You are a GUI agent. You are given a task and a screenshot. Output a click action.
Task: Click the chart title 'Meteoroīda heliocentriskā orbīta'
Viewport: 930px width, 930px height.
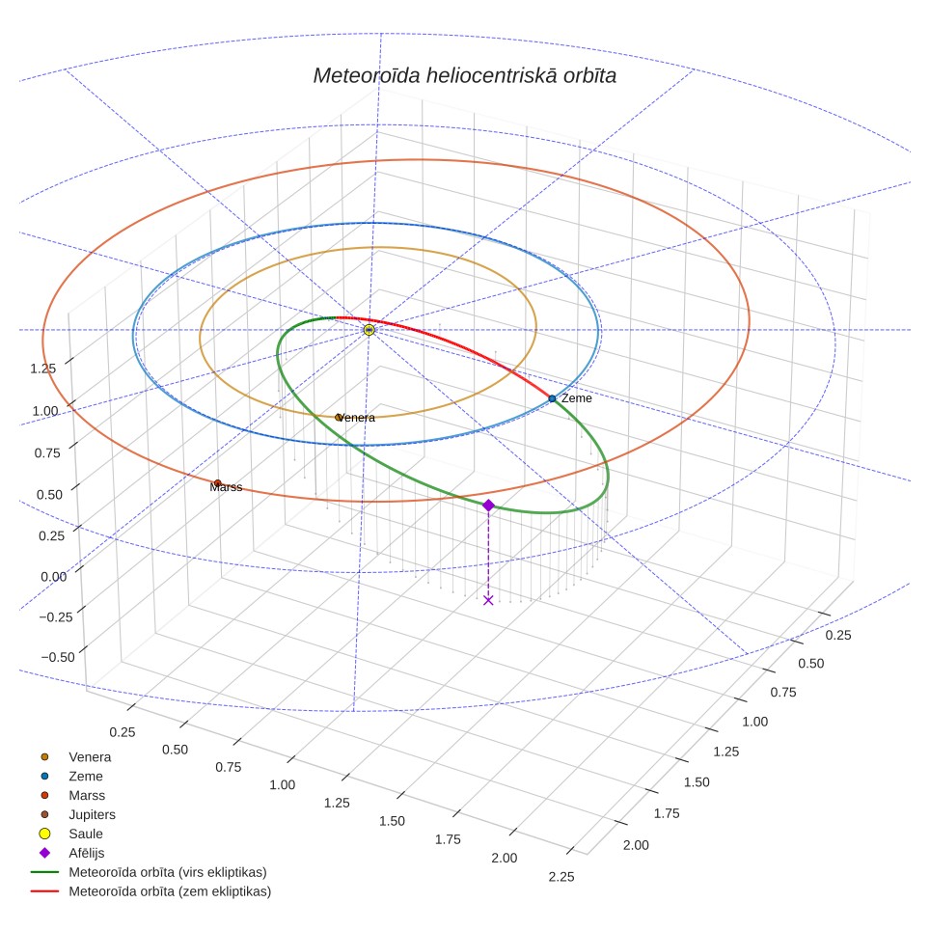click(x=464, y=76)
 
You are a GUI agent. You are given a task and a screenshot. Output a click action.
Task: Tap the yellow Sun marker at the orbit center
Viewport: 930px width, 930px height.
click(x=369, y=330)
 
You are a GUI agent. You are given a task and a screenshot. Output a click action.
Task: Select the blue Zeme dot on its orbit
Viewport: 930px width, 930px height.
click(x=552, y=398)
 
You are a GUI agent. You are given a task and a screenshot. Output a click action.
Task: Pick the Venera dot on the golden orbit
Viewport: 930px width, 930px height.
click(x=338, y=418)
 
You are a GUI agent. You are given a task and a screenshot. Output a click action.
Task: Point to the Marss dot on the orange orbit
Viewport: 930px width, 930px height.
click(x=218, y=483)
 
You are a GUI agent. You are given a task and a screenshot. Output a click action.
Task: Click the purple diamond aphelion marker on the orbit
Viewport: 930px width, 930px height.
click(x=488, y=506)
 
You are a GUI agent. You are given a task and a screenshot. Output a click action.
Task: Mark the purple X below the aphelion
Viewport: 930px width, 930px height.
click(x=488, y=600)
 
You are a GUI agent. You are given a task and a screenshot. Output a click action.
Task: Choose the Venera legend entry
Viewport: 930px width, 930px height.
click(x=76, y=756)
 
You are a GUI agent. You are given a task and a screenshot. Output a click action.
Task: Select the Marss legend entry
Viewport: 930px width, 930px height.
click(x=73, y=795)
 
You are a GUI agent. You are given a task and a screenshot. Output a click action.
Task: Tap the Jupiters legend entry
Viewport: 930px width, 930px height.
click(x=78, y=814)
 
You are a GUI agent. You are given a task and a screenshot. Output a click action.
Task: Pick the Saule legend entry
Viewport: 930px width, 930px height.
click(x=70, y=834)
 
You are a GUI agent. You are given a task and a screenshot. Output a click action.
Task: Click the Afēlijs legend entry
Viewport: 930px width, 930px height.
click(x=71, y=853)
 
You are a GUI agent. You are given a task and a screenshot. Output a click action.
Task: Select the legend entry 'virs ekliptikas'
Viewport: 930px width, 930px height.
click(x=149, y=872)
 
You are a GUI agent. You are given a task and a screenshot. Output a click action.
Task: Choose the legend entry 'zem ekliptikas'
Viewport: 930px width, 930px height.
click(x=150, y=891)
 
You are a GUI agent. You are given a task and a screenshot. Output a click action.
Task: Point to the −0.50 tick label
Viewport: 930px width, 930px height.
click(x=58, y=657)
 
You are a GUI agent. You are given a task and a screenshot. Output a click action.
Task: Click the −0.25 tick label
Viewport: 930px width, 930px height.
click(x=56, y=616)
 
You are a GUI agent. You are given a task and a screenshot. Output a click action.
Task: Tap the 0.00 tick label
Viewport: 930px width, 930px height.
click(x=53, y=577)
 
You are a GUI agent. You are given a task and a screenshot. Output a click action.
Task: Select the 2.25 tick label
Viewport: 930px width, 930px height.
click(x=561, y=877)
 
